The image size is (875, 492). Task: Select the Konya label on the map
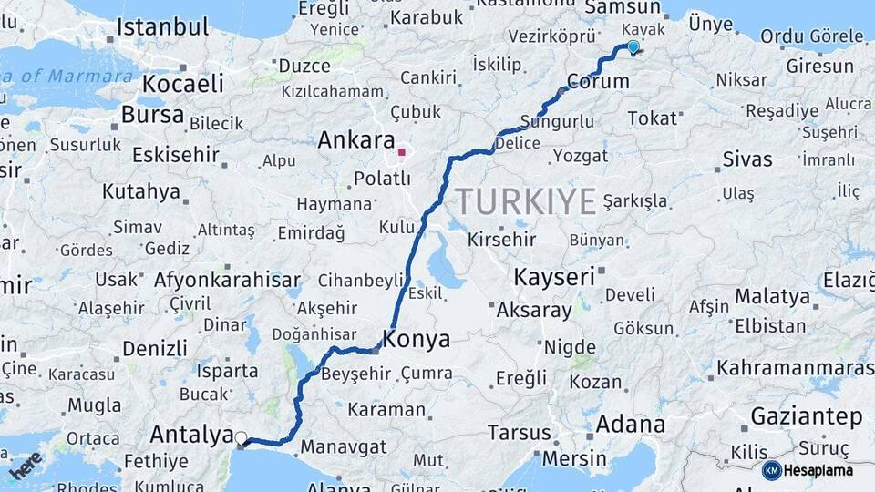[417, 340]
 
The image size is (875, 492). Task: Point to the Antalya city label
[191, 435]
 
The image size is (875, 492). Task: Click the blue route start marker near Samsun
[633, 46]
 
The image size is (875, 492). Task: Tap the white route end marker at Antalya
[242, 439]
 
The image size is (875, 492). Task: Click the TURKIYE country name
[526, 200]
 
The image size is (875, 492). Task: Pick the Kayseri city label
[554, 276]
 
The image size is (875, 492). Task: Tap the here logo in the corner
[25, 465]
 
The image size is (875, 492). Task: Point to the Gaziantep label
[806, 417]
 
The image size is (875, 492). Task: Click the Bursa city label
[152, 116]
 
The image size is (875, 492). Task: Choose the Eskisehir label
[174, 155]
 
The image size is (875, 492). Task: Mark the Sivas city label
[747, 159]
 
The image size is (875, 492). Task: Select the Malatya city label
[772, 296]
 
